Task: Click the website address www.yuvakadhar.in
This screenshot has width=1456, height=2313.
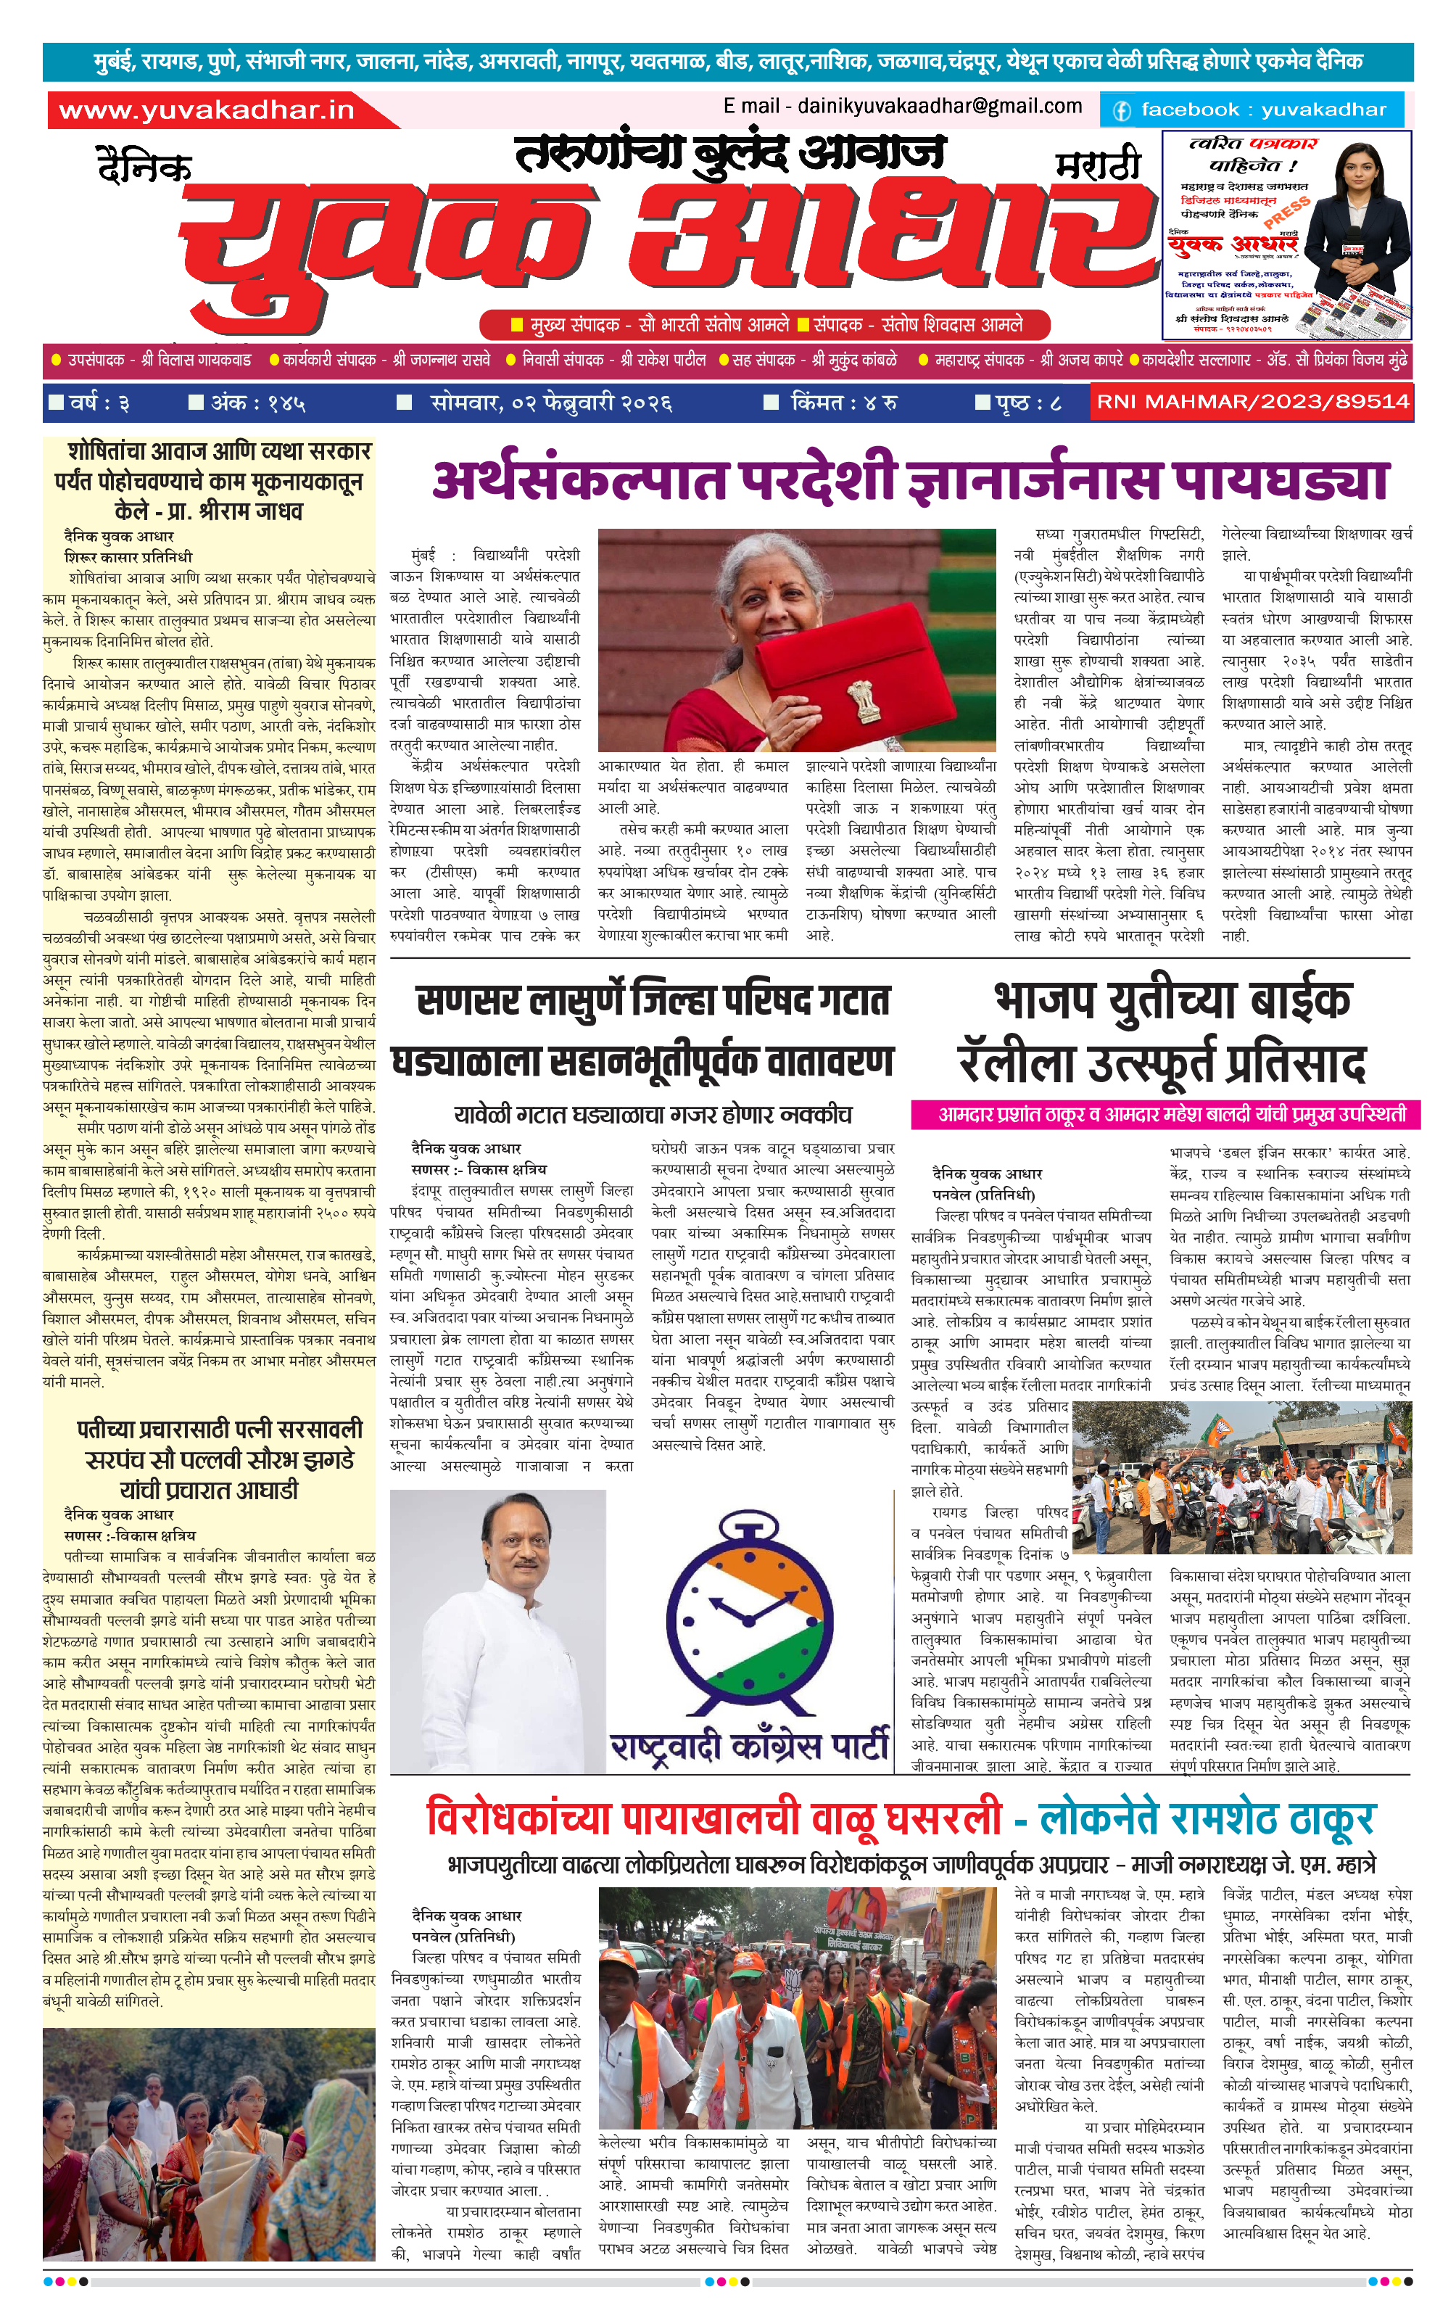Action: tap(207, 110)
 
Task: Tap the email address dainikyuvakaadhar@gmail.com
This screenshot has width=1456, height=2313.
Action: tap(903, 107)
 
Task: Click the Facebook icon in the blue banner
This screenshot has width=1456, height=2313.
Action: tap(1121, 110)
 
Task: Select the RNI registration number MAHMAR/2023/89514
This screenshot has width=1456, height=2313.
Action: tap(1252, 402)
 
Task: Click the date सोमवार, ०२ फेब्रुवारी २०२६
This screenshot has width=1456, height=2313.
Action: tap(550, 403)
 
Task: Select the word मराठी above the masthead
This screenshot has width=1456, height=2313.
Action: tap(1097, 165)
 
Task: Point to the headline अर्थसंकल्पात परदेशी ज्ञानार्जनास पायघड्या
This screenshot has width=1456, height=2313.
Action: tap(909, 480)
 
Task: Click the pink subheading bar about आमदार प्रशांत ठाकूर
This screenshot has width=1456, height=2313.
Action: tap(1165, 1114)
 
